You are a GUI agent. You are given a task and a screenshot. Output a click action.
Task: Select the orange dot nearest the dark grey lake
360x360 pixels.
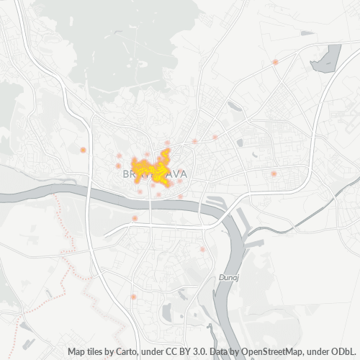pyautogui.click(x=275, y=62)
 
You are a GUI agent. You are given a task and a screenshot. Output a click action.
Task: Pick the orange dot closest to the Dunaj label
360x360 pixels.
pyautogui.click(x=202, y=250)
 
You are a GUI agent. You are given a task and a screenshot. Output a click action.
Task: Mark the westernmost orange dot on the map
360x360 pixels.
pyautogui.click(x=83, y=150)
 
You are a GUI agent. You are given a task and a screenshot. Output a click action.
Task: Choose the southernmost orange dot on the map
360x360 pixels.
pyautogui.click(x=134, y=296)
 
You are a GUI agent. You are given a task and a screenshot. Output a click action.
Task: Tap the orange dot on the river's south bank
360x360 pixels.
pyautogui.click(x=135, y=218)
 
